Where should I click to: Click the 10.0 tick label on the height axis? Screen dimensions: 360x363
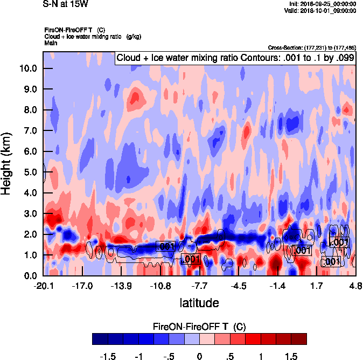click(29, 68)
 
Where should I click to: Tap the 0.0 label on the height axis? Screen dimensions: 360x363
click(31, 275)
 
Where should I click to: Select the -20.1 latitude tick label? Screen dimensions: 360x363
click(44, 285)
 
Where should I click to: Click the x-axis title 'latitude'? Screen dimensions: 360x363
click(199, 303)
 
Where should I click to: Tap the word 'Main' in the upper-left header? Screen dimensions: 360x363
click(51, 43)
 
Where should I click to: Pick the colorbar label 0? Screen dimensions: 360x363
click(199, 356)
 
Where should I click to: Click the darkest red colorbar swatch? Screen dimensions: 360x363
click(299, 338)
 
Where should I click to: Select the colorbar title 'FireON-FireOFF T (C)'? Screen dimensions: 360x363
click(199, 327)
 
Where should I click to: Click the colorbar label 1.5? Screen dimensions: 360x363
click(291, 356)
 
